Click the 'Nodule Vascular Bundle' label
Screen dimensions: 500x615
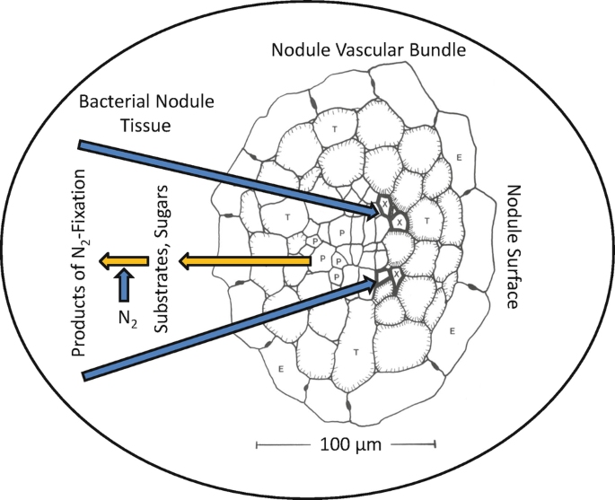369,50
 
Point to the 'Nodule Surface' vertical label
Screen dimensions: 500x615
513,246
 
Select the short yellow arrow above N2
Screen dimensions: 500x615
117,261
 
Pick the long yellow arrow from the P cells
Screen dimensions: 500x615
242,261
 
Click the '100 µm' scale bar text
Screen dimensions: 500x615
347,444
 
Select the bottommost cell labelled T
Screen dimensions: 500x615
358,349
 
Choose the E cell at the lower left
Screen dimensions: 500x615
282,369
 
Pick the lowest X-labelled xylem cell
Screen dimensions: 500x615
396,272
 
